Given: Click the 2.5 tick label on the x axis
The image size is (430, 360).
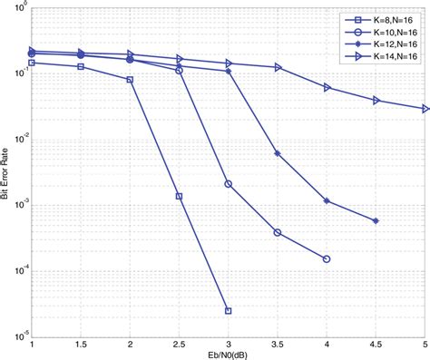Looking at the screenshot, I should [x=179, y=344].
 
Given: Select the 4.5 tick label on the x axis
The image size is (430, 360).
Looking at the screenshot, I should [x=376, y=344].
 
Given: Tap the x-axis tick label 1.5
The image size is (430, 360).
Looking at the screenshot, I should [x=81, y=344].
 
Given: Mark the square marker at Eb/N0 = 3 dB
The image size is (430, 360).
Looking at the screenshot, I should [x=229, y=310].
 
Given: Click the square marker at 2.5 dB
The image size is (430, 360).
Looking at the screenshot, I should [x=179, y=196].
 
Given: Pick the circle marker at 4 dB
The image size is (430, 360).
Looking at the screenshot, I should [x=327, y=259].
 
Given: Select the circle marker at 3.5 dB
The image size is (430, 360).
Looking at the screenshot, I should [x=278, y=233].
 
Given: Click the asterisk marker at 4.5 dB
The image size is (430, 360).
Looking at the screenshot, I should [x=376, y=220].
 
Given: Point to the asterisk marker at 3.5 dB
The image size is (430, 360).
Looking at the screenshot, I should [x=278, y=153].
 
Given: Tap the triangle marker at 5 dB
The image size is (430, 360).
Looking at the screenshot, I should [x=425, y=109].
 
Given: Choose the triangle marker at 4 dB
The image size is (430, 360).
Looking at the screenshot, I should [x=327, y=88].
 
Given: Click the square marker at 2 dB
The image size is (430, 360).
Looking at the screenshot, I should [x=130, y=80].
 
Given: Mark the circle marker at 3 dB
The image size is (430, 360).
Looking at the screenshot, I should [x=229, y=184].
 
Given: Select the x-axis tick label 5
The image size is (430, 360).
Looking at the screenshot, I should [x=425, y=344].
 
